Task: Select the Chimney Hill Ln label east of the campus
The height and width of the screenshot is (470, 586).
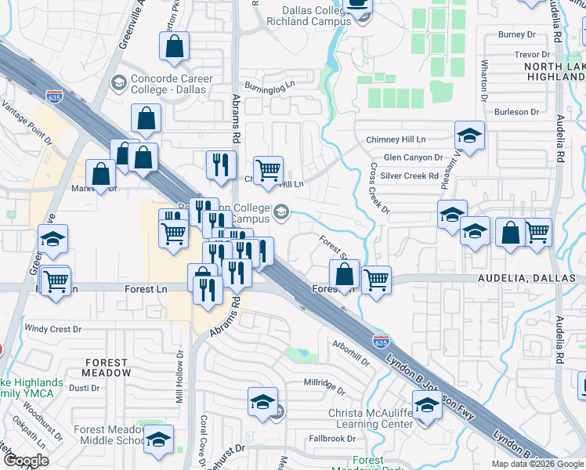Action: (x=396, y=139)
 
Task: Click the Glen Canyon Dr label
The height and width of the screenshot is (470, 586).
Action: (x=413, y=157)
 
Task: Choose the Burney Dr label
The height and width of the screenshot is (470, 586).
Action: (x=516, y=34)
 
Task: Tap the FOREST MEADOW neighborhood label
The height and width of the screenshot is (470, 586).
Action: (x=107, y=368)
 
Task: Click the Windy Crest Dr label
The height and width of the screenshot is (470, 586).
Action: (x=53, y=329)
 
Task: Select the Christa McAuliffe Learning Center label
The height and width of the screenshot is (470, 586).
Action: (x=374, y=418)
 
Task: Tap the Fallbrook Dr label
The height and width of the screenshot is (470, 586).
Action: (x=332, y=439)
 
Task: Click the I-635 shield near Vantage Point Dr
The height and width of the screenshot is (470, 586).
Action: (x=54, y=97)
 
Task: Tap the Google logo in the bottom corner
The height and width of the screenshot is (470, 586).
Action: (x=26, y=461)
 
